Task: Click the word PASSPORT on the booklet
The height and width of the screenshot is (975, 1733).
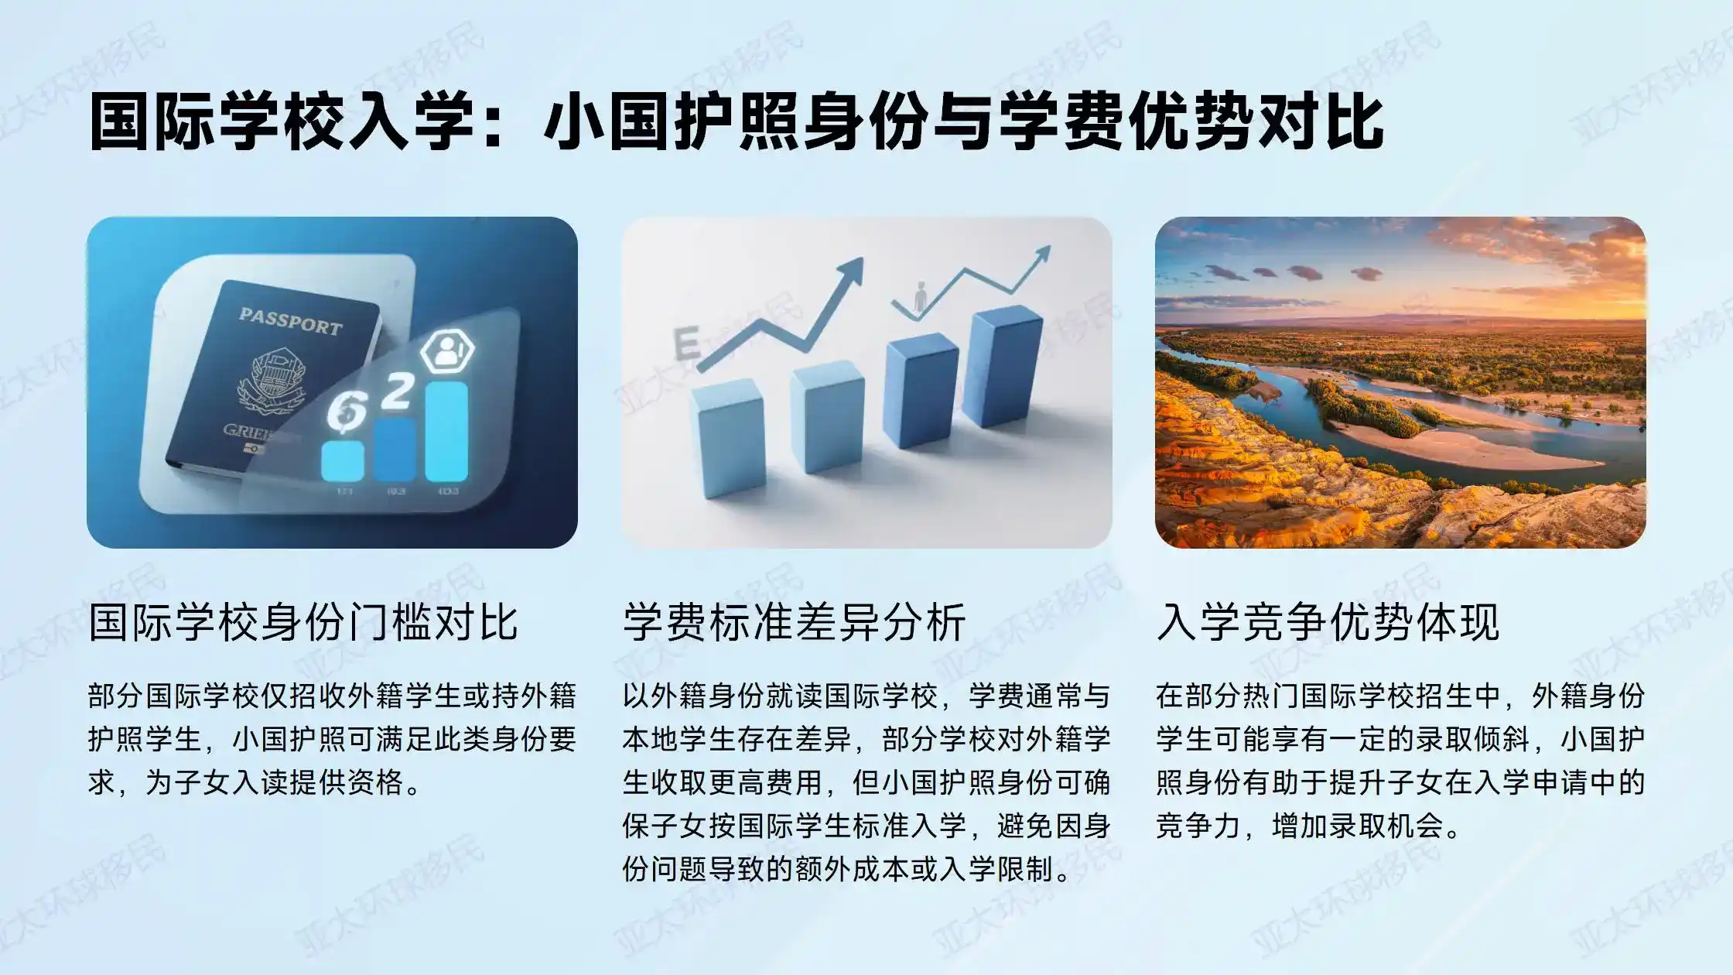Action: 290,320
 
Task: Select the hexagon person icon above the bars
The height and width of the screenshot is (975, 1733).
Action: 446,353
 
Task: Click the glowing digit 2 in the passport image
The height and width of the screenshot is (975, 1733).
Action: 398,392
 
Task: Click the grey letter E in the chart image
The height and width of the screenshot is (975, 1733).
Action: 687,344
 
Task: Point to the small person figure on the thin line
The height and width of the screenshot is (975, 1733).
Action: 920,297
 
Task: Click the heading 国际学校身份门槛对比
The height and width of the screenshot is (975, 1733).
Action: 303,622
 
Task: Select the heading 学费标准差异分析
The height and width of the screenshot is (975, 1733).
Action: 794,622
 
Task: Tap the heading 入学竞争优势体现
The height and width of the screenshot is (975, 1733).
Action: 1328,622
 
